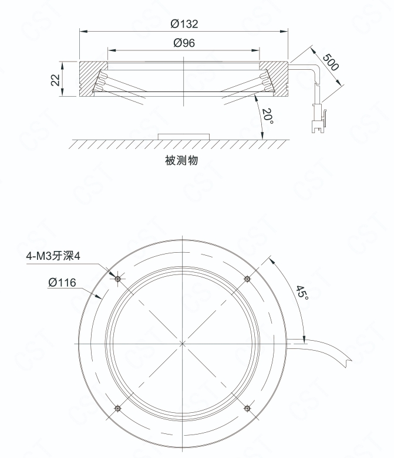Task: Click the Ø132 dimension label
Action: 184,24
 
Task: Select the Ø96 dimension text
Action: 184,43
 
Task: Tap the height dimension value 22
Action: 55,80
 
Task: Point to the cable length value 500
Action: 331,62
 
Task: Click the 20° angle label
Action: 268,116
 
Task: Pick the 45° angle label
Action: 302,293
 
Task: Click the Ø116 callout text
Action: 62,283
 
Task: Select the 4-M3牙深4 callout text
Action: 53,256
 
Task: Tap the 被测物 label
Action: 181,160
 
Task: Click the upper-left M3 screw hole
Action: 118,279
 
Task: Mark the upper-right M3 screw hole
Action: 247,279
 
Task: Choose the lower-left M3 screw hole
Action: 117,408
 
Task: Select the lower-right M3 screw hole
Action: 247,408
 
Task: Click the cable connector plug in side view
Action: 318,118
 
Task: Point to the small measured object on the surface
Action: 184,137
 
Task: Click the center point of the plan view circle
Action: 183,344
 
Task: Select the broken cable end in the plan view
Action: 348,362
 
